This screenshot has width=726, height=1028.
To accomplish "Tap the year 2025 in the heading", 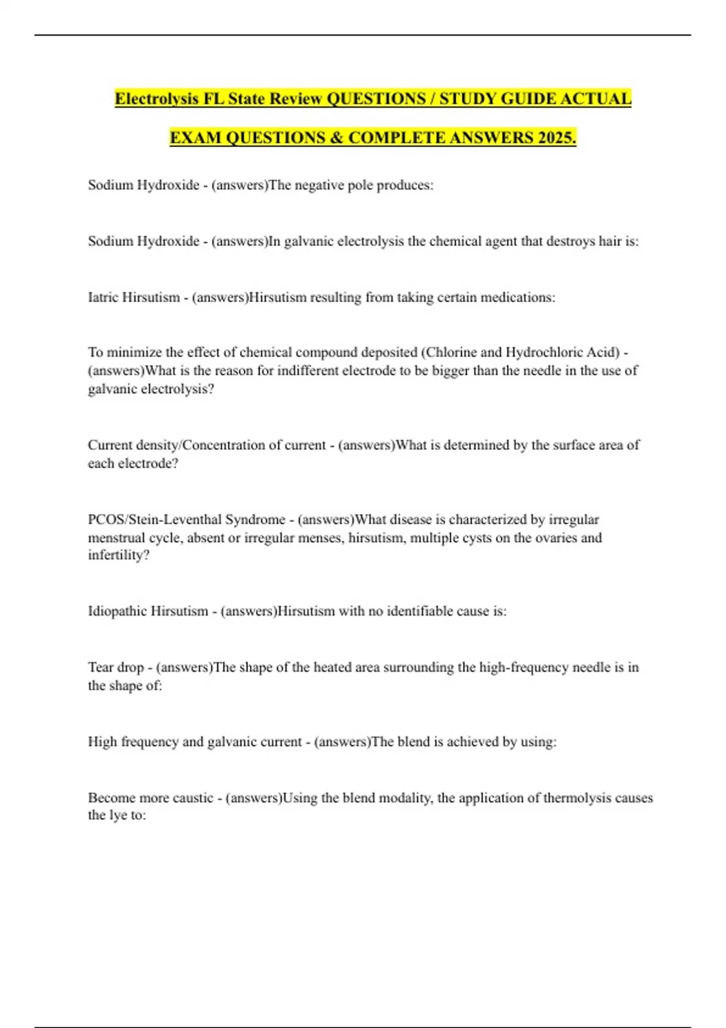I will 557,138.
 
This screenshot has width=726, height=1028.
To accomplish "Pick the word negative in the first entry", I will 319,185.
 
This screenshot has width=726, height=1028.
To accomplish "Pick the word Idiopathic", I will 117,611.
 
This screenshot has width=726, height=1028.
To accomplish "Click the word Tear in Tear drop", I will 100,668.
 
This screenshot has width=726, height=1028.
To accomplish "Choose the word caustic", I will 193,798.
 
